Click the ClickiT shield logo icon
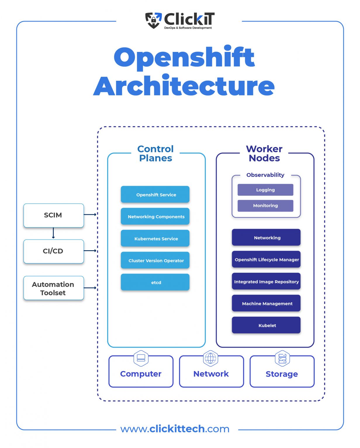tap(153, 20)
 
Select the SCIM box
tap(53, 215)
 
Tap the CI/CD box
tap(53, 251)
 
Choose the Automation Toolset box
tap(53, 288)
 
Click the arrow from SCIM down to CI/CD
tap(53, 233)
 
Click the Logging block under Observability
tap(265, 190)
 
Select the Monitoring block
tap(265, 206)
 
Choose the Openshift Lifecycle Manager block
tap(266, 259)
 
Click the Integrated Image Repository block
tap(266, 281)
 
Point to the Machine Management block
tap(266, 303)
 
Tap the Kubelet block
tap(266, 325)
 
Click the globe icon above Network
tap(211, 358)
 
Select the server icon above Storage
tap(282, 358)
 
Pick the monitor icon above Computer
tap(141, 358)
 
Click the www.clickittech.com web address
tap(175, 429)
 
